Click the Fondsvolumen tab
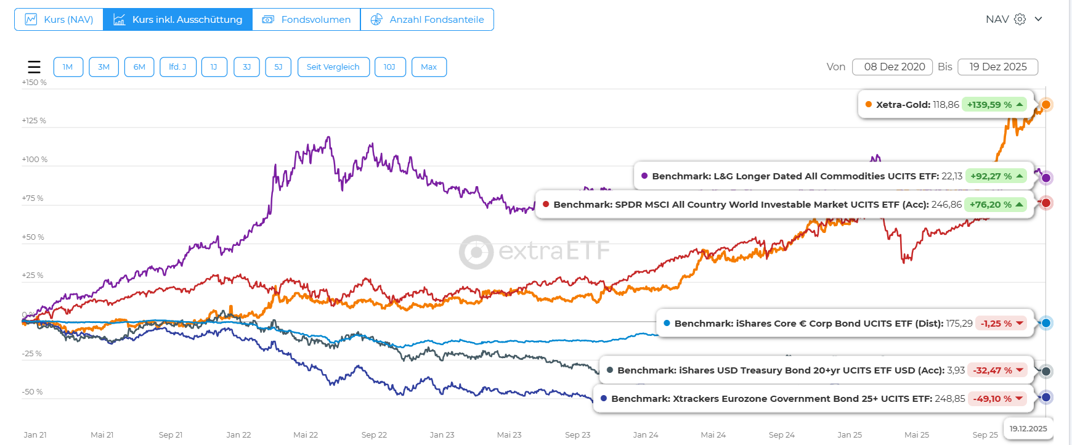coord(306,20)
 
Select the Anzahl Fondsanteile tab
coord(427,20)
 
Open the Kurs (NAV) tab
coord(59,20)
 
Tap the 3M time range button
coord(104,67)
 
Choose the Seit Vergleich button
coord(333,67)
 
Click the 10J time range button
coord(389,67)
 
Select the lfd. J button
coord(177,67)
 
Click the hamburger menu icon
coord(35,67)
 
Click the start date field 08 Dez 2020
coord(894,67)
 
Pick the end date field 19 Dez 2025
coord(997,67)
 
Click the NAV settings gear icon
coord(1020,19)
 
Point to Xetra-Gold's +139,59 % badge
coord(994,105)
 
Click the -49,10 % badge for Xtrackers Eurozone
coord(997,399)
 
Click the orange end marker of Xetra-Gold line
coord(1046,105)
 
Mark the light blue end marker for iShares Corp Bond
coord(1046,323)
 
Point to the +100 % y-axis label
coord(35,160)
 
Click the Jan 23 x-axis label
coord(442,435)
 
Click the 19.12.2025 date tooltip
coord(1028,429)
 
